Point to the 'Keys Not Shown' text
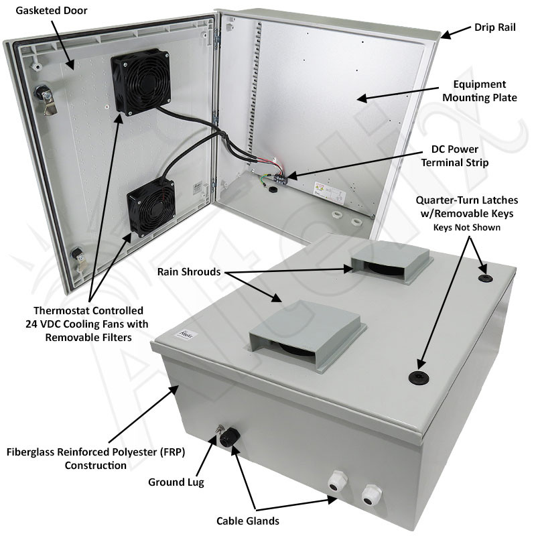468,227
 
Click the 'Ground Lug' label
176,482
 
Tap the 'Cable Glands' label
248,521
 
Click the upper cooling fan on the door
140,82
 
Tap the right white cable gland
368,495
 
